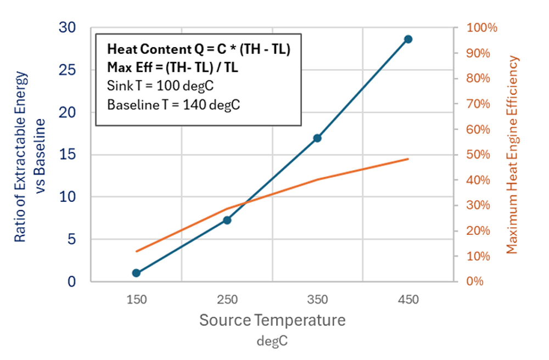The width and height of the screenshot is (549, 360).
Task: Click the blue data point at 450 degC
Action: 408,39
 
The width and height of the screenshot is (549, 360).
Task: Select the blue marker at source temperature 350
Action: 317,138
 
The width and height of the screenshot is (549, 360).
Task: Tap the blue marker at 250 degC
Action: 227,220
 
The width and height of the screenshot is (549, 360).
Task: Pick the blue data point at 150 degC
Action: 136,273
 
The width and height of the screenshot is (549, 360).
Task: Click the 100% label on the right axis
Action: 481,28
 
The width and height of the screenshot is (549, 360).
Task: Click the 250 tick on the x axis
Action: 227,300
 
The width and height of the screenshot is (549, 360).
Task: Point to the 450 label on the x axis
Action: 408,300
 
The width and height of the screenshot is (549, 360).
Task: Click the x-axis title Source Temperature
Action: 272,320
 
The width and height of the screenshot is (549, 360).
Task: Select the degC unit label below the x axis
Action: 272,341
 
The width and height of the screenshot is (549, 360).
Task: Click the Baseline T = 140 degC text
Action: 173,105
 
